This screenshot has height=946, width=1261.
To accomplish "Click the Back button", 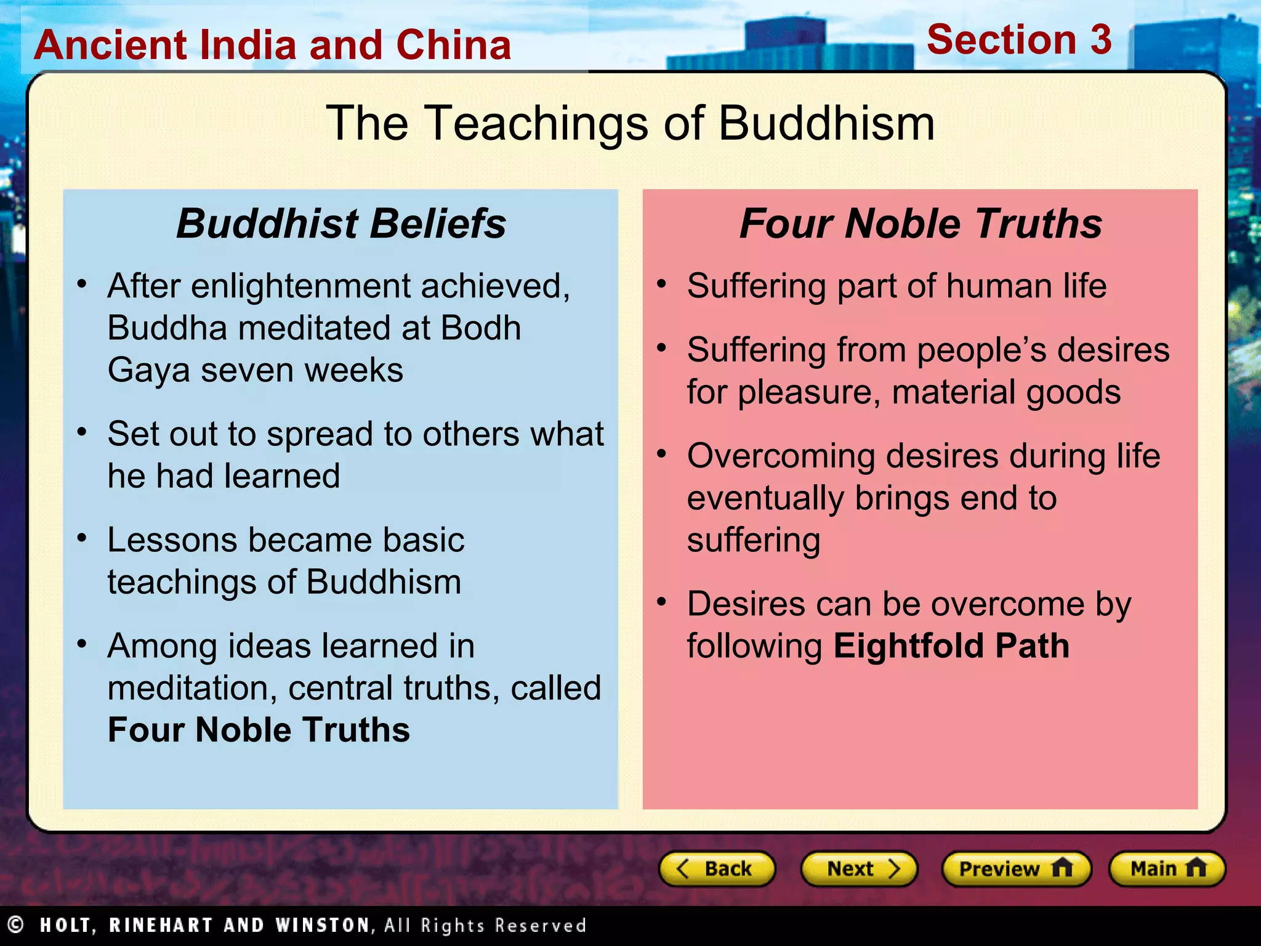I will [x=717, y=868].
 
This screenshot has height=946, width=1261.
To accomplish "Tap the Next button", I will [x=859, y=868].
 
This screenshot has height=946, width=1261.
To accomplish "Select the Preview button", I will [x=1016, y=868].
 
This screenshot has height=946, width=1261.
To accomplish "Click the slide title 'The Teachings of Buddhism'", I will [x=630, y=123].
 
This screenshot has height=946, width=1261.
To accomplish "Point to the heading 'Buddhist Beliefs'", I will [x=341, y=223].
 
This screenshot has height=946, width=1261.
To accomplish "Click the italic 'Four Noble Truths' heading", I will [x=921, y=223].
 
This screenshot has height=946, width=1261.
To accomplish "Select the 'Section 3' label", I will [x=1019, y=40].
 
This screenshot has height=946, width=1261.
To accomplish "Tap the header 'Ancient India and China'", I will [x=272, y=45].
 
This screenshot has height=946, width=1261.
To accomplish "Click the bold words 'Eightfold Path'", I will [x=951, y=646].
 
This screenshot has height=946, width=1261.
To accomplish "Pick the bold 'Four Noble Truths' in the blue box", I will [x=259, y=730].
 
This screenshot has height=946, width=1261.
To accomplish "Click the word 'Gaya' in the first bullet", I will [x=148, y=370].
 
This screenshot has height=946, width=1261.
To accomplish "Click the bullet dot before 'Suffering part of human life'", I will [x=662, y=284].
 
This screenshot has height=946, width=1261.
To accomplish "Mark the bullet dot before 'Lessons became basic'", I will [x=82, y=538].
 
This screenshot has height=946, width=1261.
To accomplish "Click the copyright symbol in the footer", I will [x=15, y=924].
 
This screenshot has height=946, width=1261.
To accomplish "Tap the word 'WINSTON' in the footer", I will [x=324, y=925].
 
